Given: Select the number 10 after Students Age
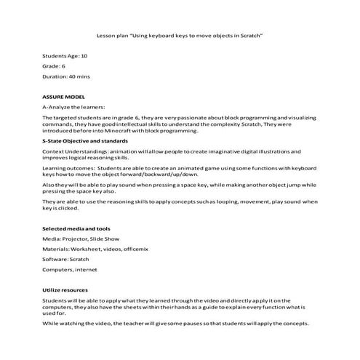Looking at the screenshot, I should tap(84, 55).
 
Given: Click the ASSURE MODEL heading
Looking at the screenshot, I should tap(64, 96).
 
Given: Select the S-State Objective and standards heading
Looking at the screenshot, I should tap(85, 140).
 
